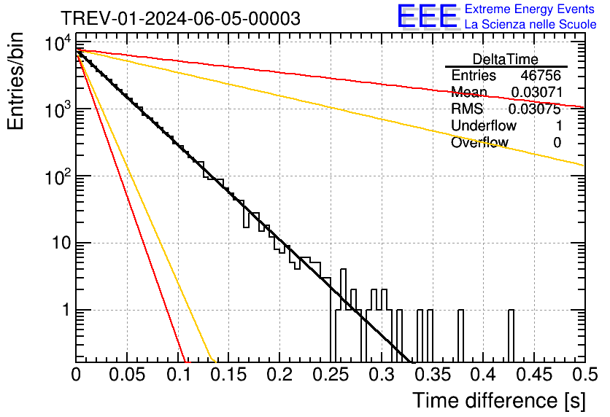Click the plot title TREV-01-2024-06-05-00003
tap(179, 18)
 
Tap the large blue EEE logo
tap(427, 17)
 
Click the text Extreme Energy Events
tap(529, 9)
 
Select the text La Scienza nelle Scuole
tap(530, 24)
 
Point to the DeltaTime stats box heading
tap(505, 59)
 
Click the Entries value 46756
tap(541, 76)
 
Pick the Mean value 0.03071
tap(536, 93)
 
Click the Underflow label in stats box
tap(482, 126)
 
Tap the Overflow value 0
tap(557, 143)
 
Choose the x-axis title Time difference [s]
tap(498, 400)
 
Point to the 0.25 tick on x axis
tap(330, 375)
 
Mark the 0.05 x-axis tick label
tap(126, 375)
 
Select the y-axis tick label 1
tap(64, 310)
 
